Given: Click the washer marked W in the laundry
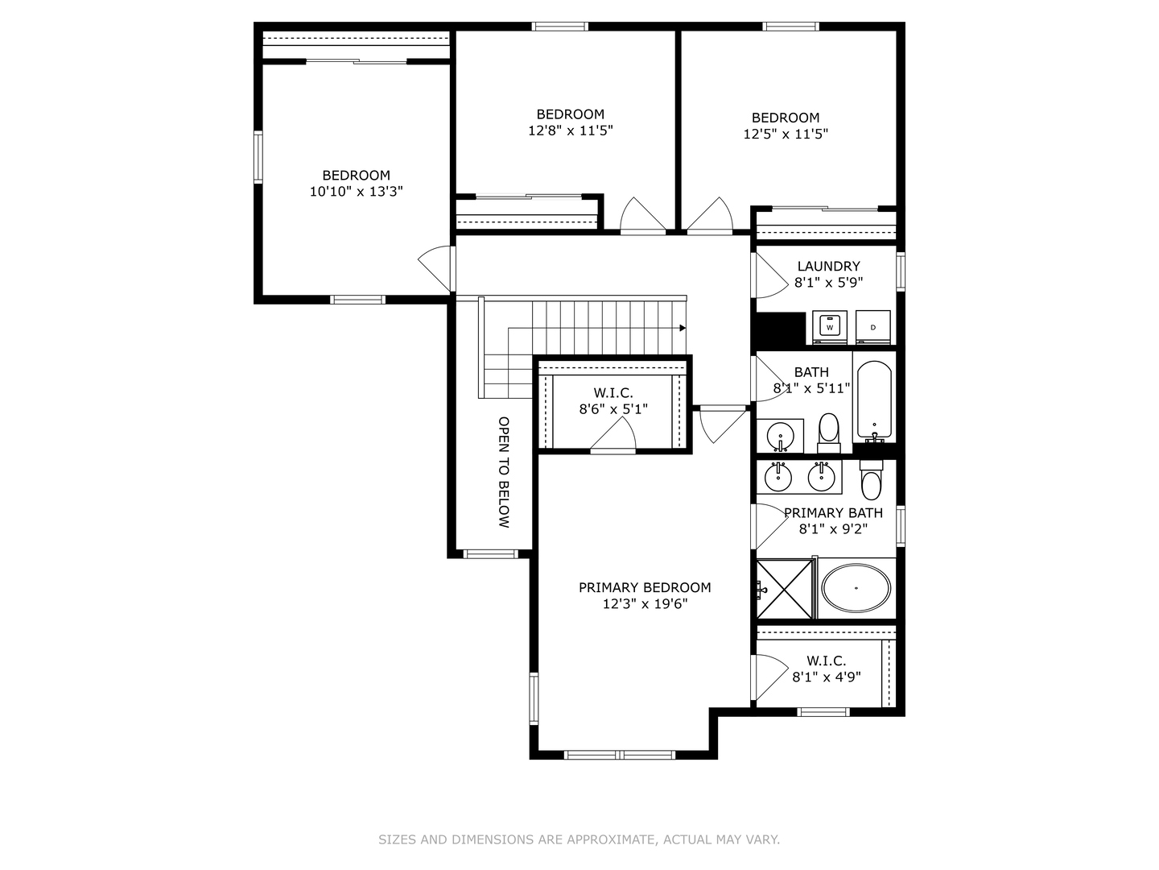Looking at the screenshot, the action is [830, 327].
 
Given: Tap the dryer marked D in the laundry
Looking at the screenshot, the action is [872, 327].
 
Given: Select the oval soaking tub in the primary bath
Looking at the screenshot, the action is [856, 588].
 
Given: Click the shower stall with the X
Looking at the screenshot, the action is [785, 589].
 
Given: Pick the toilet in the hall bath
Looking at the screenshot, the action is [829, 433].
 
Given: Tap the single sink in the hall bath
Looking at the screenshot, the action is [781, 437].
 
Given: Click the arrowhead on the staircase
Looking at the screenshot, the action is [683, 328].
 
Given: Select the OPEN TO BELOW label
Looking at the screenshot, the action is [504, 472].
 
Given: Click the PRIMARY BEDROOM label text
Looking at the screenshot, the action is [645, 587].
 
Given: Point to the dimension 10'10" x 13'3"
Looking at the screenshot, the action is [356, 191].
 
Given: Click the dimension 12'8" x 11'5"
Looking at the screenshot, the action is [571, 130].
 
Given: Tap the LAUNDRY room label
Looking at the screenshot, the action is [828, 266].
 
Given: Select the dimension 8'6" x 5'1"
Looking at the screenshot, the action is [613, 409].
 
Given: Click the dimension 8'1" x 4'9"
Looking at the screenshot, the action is [827, 677].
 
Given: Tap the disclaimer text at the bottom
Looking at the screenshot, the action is [579, 839].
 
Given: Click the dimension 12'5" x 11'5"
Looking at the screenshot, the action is [786, 134].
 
